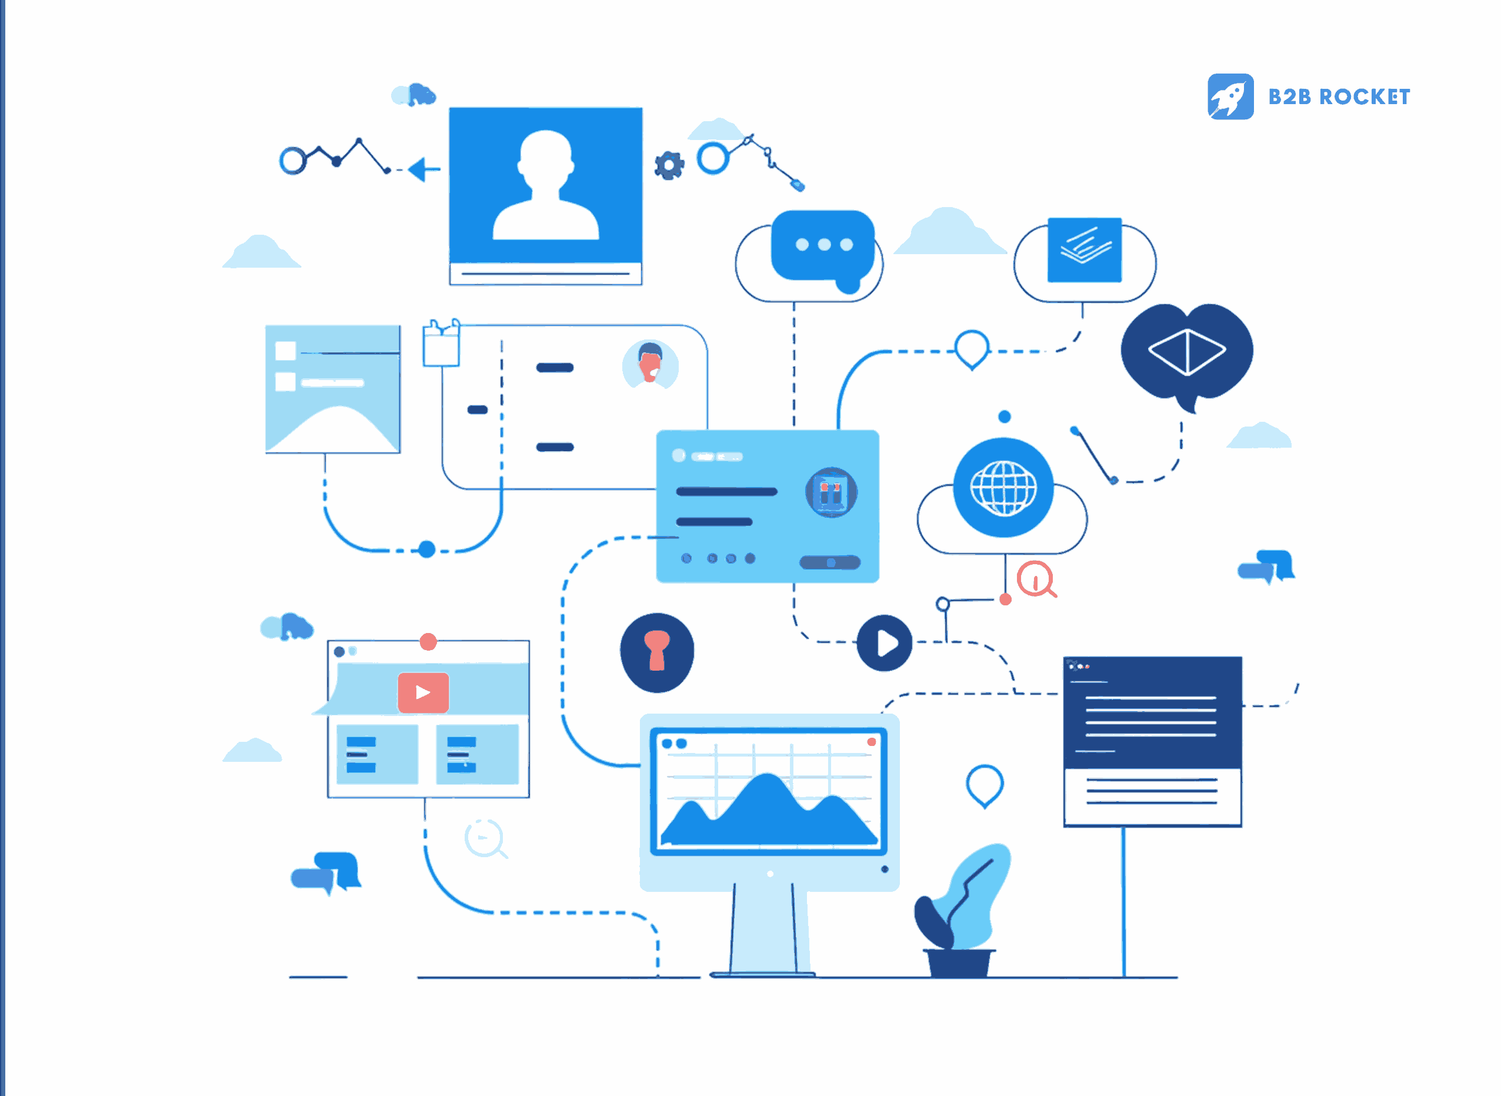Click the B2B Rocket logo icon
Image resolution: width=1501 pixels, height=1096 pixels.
[x=1230, y=96]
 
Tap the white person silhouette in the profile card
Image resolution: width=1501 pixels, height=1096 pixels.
[x=545, y=186]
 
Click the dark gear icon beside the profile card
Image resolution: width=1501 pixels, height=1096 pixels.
[x=669, y=165]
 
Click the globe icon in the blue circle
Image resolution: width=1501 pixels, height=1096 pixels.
[x=1003, y=488]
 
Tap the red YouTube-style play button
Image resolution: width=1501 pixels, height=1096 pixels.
[x=423, y=692]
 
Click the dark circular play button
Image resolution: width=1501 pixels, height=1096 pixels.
[x=884, y=643]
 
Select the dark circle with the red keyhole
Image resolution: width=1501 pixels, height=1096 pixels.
[x=656, y=652]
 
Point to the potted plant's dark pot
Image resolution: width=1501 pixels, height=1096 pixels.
[x=959, y=962]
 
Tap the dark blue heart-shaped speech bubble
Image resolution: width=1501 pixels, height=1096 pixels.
[x=1186, y=352]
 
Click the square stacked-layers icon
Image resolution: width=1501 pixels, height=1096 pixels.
[x=1084, y=249]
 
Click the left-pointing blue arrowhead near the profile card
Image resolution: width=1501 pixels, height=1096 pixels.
[x=419, y=169]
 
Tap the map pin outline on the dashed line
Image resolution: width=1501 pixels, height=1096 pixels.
[x=972, y=349]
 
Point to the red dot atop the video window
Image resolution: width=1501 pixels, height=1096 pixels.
[x=428, y=642]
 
